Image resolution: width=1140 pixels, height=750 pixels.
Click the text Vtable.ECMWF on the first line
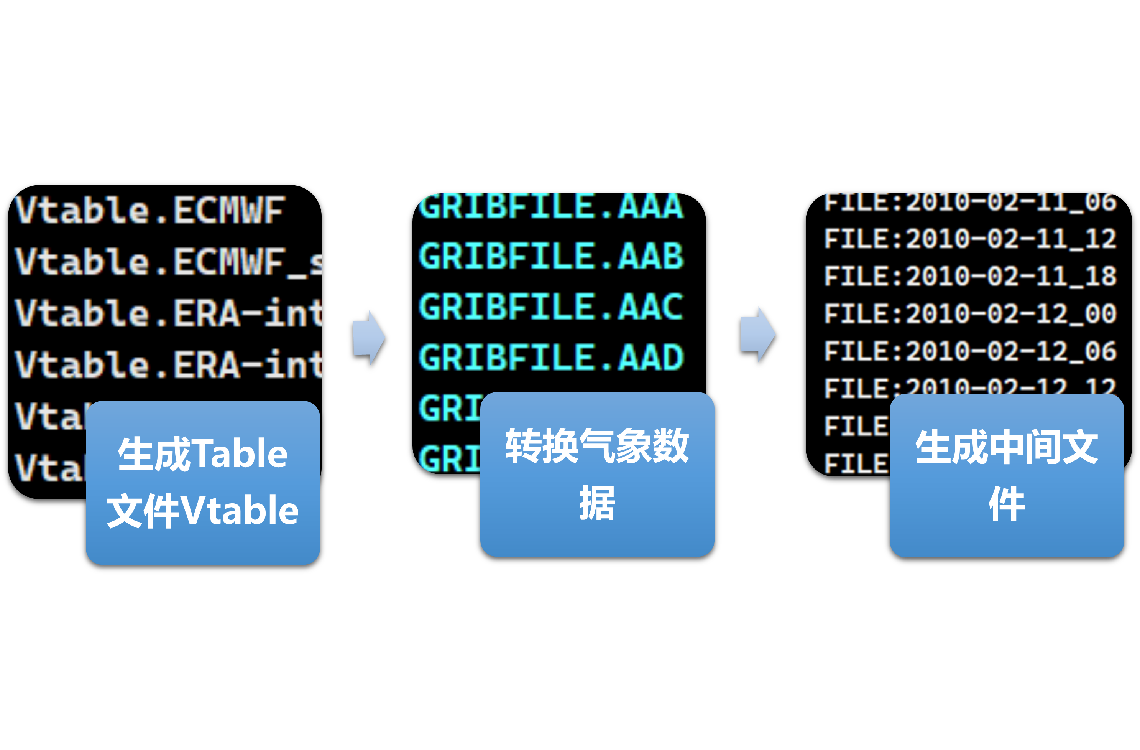pos(150,210)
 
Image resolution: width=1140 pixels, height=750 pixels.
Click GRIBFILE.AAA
pos(551,206)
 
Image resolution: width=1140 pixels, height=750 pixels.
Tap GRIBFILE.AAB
pos(551,256)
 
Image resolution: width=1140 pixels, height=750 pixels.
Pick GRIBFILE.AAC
pos(551,307)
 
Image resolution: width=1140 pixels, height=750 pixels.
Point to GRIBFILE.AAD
pos(551,358)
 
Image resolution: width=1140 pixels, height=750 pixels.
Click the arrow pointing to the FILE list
pos(758,334)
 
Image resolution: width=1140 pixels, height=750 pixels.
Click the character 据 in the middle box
pos(597,503)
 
